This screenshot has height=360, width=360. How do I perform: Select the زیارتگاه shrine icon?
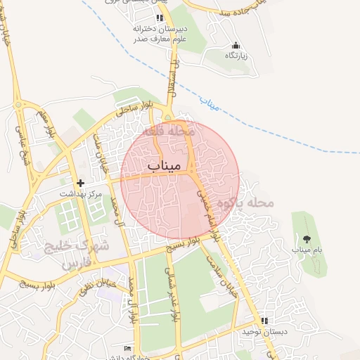point(233,45)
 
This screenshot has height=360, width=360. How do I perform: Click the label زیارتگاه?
point(233,55)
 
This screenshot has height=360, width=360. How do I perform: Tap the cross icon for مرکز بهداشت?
point(80,183)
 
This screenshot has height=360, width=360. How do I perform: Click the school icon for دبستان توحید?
point(264,321)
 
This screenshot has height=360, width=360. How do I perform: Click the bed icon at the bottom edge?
point(127,349)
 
